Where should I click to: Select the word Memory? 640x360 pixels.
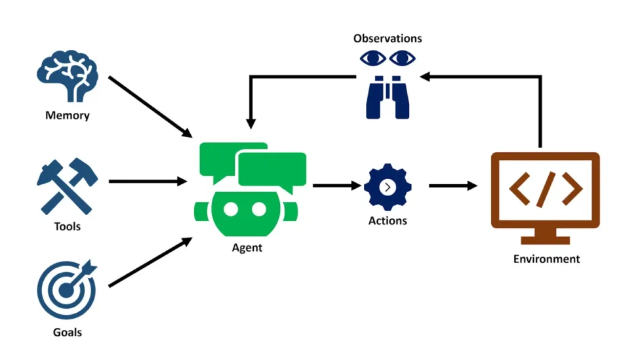tap(67, 116)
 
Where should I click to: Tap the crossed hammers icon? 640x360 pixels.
tap(67, 186)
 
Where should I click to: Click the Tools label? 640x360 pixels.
tap(67, 226)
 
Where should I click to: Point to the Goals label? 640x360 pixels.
tap(67, 332)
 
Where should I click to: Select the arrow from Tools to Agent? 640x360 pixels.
tap(148, 181)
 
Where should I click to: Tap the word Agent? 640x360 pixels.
tap(247, 248)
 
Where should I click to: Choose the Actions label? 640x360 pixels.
tap(388, 221)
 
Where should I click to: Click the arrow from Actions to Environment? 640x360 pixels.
tap(453, 186)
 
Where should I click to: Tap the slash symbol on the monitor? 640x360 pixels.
tap(546, 189)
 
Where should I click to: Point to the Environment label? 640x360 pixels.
tap(546, 259)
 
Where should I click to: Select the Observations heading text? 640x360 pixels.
tap(388, 39)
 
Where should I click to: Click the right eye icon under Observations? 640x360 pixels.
tap(402, 59)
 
